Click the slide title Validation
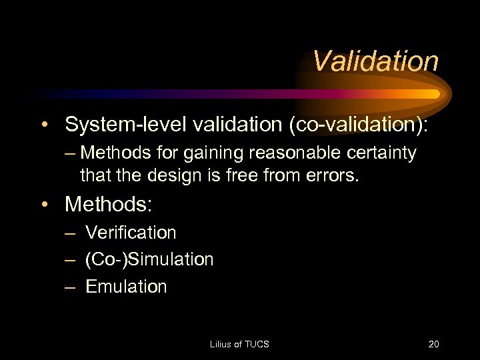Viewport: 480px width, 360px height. (x=375, y=61)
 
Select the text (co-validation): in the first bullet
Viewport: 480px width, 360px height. (x=359, y=124)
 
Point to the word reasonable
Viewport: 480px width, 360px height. (x=295, y=153)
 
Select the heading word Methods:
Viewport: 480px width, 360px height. (x=108, y=204)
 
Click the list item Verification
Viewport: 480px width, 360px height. (x=131, y=233)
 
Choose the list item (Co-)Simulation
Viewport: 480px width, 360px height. (x=149, y=259)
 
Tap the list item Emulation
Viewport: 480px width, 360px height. (x=126, y=287)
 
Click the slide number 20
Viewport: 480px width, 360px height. (x=433, y=344)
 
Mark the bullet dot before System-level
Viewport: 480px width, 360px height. (x=44, y=125)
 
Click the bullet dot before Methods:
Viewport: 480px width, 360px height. (x=44, y=205)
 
